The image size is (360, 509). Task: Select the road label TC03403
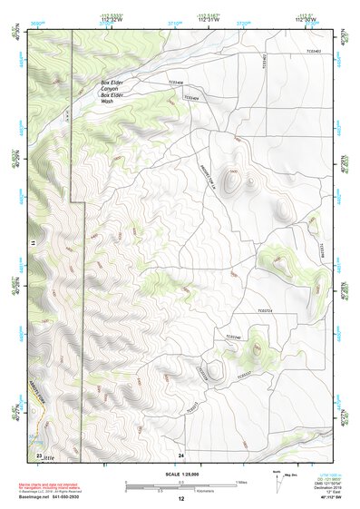(x=315, y=51)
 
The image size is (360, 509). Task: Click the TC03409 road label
(x=190, y=98)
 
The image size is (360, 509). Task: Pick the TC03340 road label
(x=233, y=338)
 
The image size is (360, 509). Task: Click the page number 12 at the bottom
(x=180, y=499)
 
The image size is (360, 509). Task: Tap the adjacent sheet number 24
(x=181, y=454)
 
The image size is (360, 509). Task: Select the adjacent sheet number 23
(x=39, y=454)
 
